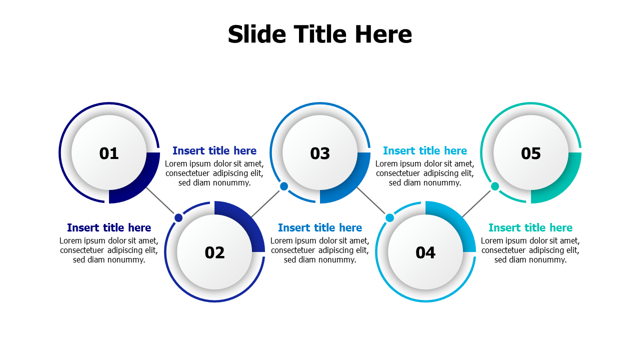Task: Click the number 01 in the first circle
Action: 109,153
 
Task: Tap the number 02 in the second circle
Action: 214,252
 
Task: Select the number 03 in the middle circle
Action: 320,153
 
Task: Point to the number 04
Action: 425,252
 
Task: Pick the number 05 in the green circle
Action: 531,153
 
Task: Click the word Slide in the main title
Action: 257,34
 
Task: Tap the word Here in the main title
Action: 383,34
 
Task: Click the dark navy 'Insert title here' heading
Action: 109,227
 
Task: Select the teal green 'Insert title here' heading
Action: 530,227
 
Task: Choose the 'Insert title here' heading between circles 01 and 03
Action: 214,150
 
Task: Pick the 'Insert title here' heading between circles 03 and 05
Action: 425,150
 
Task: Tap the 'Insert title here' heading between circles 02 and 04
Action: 320,227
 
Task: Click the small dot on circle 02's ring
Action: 178,217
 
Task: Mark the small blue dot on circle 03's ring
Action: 284,186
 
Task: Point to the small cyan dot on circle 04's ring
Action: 389,217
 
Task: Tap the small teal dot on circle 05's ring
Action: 495,186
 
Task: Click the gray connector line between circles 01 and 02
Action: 160,200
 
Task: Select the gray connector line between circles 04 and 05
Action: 476,203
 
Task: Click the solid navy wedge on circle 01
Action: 140,184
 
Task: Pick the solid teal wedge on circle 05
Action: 562,184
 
